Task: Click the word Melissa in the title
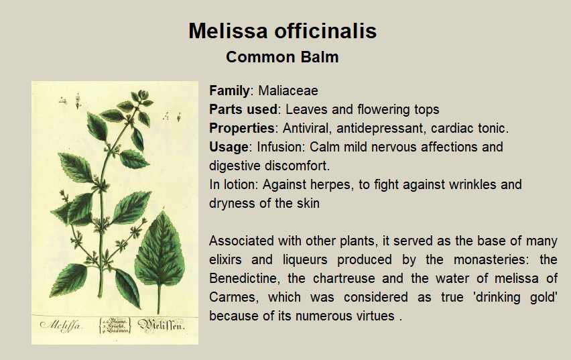228,31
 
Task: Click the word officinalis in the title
325,31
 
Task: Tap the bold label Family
229,91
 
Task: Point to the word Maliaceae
288,91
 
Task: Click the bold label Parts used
243,109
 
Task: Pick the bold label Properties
242,128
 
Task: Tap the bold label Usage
229,147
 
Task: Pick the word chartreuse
344,278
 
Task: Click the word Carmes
234,298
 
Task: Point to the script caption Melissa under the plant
60,325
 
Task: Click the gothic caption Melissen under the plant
161,325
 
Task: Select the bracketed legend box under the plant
115,325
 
